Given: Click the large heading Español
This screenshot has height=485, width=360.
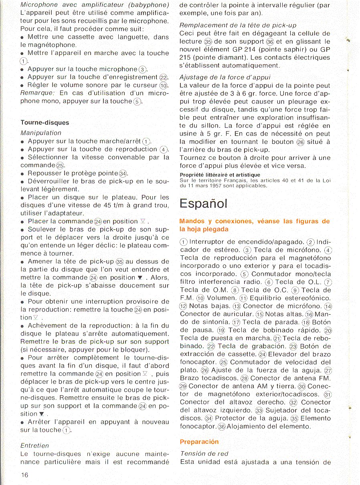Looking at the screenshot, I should [204, 204].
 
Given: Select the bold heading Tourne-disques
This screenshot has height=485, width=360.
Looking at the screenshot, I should [44, 123].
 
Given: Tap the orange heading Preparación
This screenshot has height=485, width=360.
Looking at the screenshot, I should [199, 442].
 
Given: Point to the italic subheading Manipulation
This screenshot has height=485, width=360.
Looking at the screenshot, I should [41, 133].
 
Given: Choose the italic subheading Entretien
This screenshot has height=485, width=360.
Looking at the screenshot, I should [34, 445].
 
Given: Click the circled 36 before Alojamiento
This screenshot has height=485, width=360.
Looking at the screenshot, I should [222, 426].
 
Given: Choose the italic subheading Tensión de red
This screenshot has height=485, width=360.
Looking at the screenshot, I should [204, 453].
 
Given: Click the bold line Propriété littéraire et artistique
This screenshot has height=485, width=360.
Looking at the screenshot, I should [220, 175].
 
